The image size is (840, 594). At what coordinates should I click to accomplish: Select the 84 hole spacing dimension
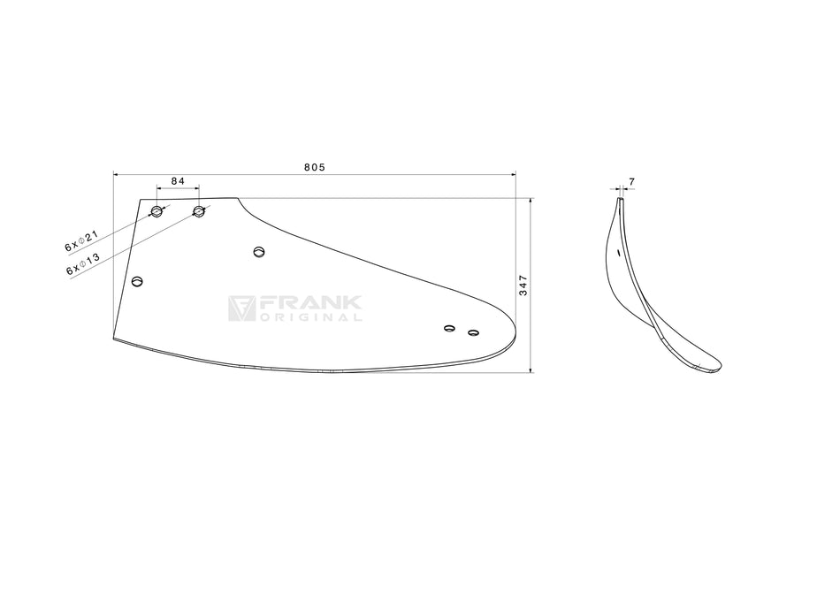[x=178, y=181]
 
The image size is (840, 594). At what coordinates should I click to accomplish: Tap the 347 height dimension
[x=523, y=286]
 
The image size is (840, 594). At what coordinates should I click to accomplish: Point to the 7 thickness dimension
[x=631, y=182]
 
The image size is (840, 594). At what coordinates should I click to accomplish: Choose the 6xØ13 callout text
[x=83, y=264]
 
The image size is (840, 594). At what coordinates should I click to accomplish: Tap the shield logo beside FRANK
[x=241, y=308]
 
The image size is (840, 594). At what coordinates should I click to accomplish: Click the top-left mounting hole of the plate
[x=157, y=210]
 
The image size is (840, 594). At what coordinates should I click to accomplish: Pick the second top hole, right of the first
[x=199, y=210]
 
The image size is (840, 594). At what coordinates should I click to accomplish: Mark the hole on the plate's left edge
[x=137, y=281]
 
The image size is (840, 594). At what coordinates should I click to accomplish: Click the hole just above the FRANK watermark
[x=259, y=252]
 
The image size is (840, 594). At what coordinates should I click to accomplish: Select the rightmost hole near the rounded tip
[x=473, y=333]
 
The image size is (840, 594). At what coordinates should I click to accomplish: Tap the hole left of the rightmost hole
[x=449, y=328]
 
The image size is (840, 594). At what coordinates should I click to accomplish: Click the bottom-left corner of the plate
[x=114, y=339]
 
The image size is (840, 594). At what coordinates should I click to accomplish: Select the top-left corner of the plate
[x=141, y=199]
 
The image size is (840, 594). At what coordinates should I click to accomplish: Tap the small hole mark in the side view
[x=618, y=252]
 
